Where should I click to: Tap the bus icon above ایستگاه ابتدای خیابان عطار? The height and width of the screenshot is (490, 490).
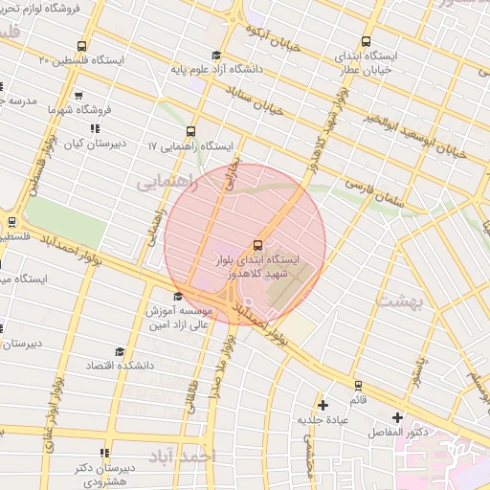[x=366, y=41]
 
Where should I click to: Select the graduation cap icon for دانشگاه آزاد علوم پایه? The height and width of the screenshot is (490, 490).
[x=216, y=55]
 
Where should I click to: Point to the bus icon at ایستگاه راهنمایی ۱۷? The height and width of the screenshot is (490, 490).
[x=190, y=131]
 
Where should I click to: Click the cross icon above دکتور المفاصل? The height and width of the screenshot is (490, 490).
[x=397, y=418]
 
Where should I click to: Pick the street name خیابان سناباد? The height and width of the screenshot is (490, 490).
[x=257, y=101]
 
